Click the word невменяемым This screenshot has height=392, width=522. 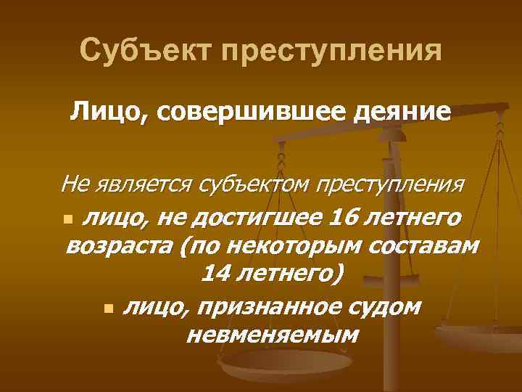(272, 335)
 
